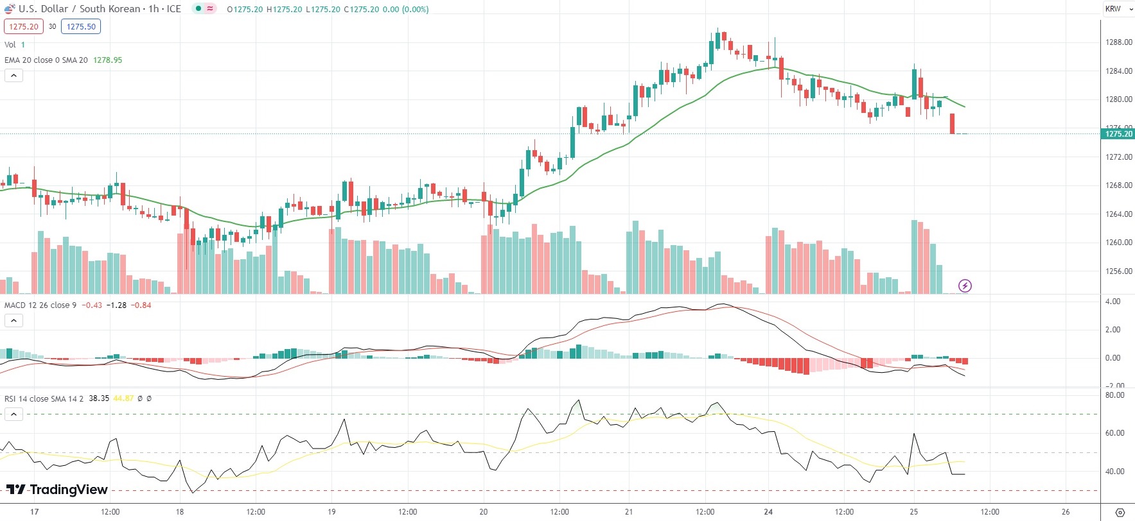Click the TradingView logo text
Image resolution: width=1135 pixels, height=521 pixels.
tap(68, 490)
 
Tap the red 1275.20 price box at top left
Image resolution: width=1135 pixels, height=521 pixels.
tap(24, 26)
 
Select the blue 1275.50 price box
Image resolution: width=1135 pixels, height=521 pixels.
tap(81, 26)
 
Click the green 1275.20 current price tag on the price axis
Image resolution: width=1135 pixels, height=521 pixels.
tap(1118, 133)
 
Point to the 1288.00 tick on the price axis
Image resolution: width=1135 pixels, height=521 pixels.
tap(1118, 42)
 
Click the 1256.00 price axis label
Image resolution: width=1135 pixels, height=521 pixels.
tap(1118, 271)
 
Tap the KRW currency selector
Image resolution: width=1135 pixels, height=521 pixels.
tap(1117, 9)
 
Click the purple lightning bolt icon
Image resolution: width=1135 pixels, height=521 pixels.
tap(965, 286)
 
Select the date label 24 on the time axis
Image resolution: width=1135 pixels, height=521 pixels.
tap(768, 512)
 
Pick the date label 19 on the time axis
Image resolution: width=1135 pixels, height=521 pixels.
tap(331, 512)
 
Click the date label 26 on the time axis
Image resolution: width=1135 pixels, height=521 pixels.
tap(1066, 512)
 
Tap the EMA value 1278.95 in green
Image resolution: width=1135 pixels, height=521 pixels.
tap(107, 60)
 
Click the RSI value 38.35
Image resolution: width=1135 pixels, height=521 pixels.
tap(99, 398)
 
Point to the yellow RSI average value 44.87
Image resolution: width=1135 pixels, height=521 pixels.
tap(123, 398)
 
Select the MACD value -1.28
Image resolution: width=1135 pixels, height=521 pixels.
tap(116, 305)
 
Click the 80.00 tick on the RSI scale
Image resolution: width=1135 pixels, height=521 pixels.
tap(1114, 395)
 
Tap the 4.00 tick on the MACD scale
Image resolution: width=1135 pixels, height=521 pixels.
tap(1113, 302)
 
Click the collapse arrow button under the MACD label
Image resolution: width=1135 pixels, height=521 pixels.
tap(13, 320)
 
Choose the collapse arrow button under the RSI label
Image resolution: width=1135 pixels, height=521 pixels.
tap(13, 414)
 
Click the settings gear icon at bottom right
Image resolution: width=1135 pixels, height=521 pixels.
tap(1120, 512)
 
